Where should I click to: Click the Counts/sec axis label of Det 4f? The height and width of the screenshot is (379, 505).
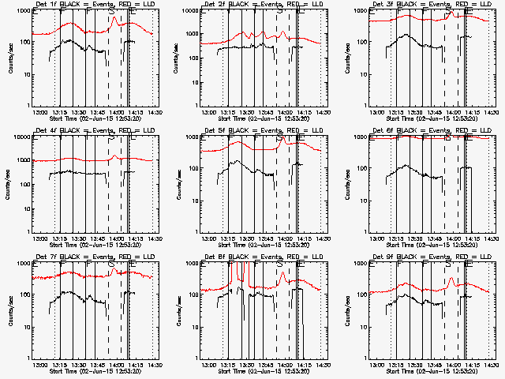coord(9,185)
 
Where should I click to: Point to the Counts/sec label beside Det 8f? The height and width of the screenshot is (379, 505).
coord(178,311)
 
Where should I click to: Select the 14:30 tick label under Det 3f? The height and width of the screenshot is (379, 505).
coord(492,112)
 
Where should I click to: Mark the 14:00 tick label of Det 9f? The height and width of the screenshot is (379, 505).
coord(454,365)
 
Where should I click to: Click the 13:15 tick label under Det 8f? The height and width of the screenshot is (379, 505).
coord(227,365)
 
